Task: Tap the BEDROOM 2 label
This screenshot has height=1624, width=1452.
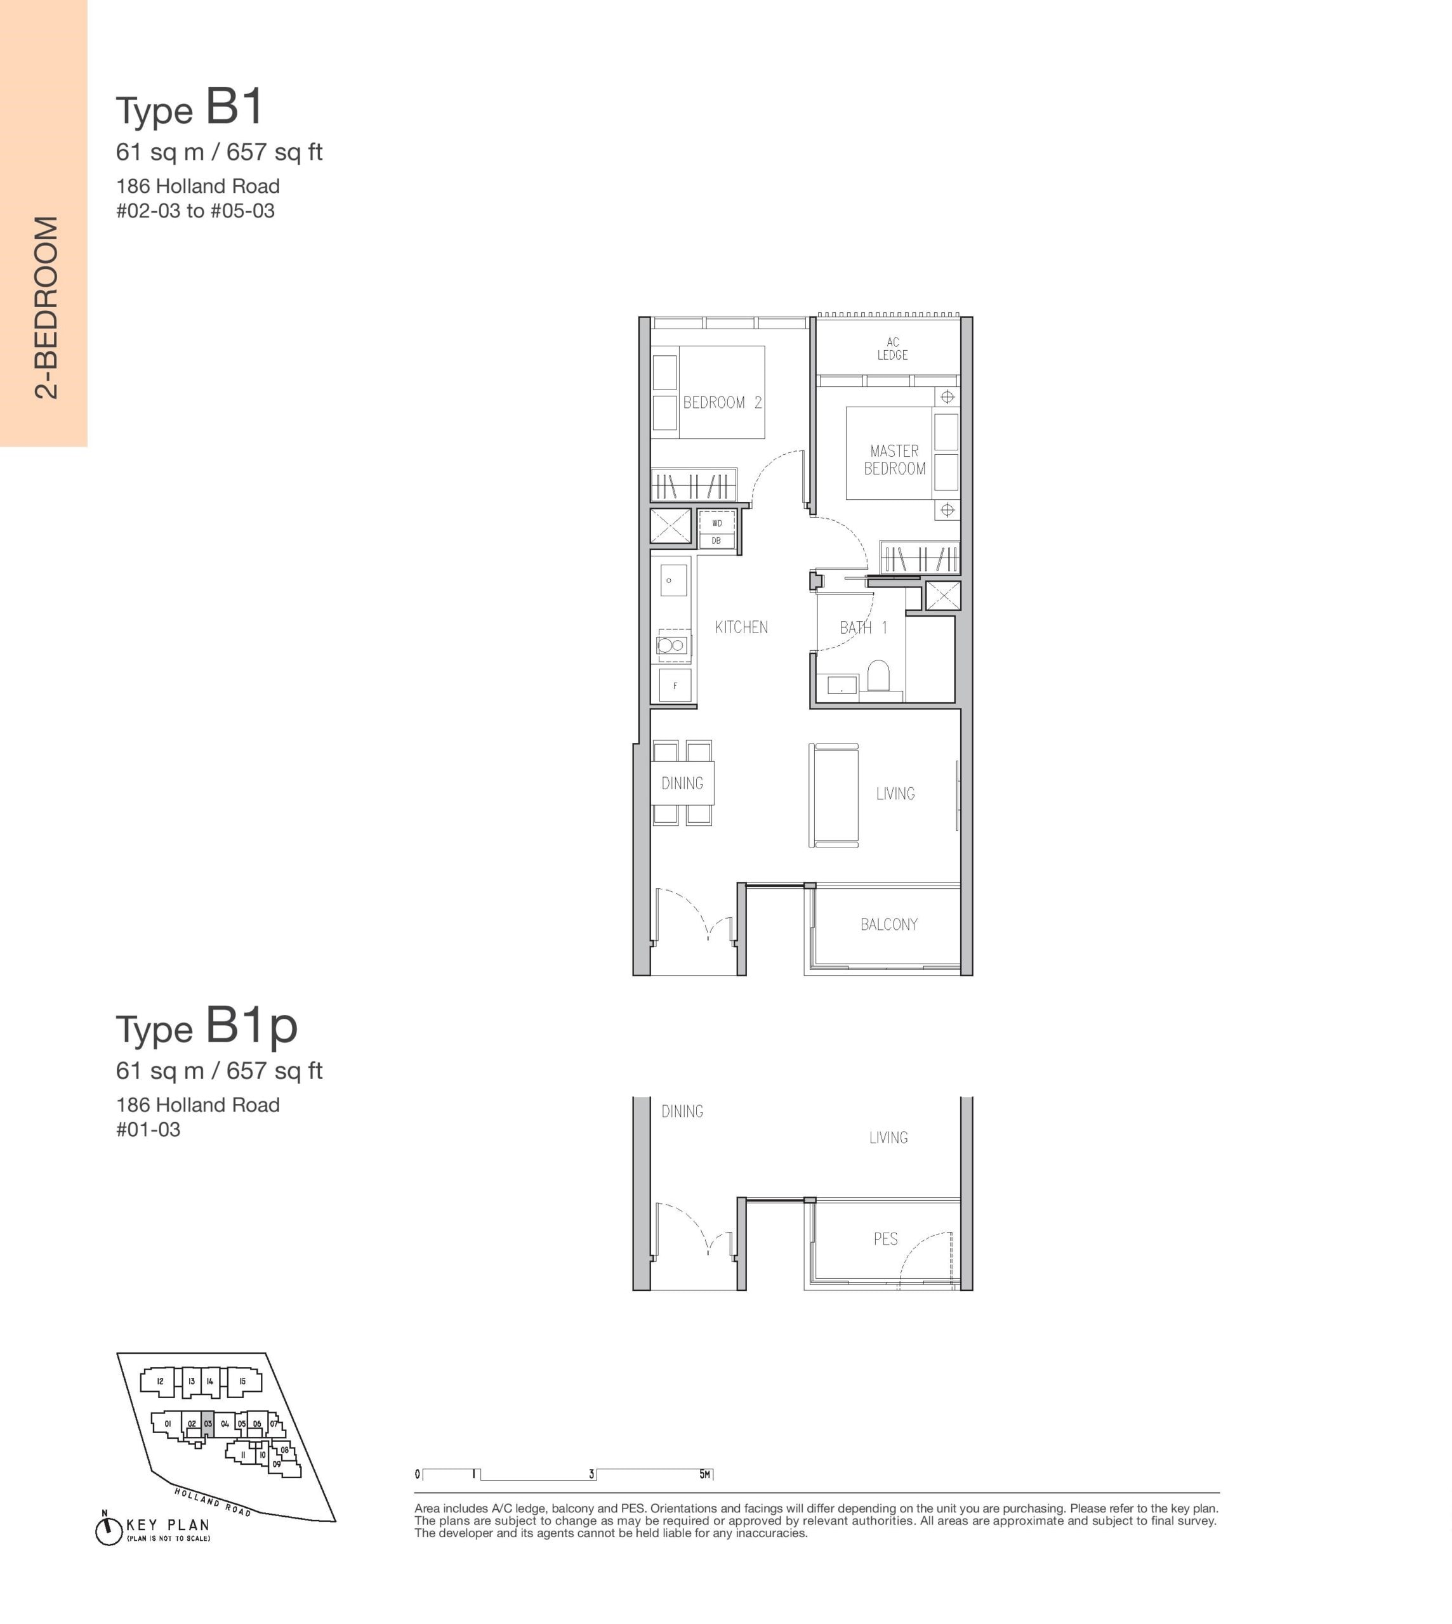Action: [722, 403]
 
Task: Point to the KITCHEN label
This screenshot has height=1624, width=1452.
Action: [741, 627]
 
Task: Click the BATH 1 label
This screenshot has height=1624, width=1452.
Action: [863, 628]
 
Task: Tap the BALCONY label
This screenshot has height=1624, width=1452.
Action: [888, 924]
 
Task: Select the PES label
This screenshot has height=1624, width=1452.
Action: [885, 1239]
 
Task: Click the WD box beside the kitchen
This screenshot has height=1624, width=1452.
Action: [716, 523]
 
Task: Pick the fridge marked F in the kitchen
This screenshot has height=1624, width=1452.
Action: [675, 685]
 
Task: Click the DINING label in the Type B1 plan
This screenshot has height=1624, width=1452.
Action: [682, 783]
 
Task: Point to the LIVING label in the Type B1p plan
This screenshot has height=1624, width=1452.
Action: [888, 1137]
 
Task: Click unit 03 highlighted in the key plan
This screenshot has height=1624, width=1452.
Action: [208, 1423]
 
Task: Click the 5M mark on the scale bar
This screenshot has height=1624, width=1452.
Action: [704, 1474]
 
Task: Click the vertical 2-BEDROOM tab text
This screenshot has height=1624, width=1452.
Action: [46, 307]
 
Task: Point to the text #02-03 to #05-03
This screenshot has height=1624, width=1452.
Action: [195, 211]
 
